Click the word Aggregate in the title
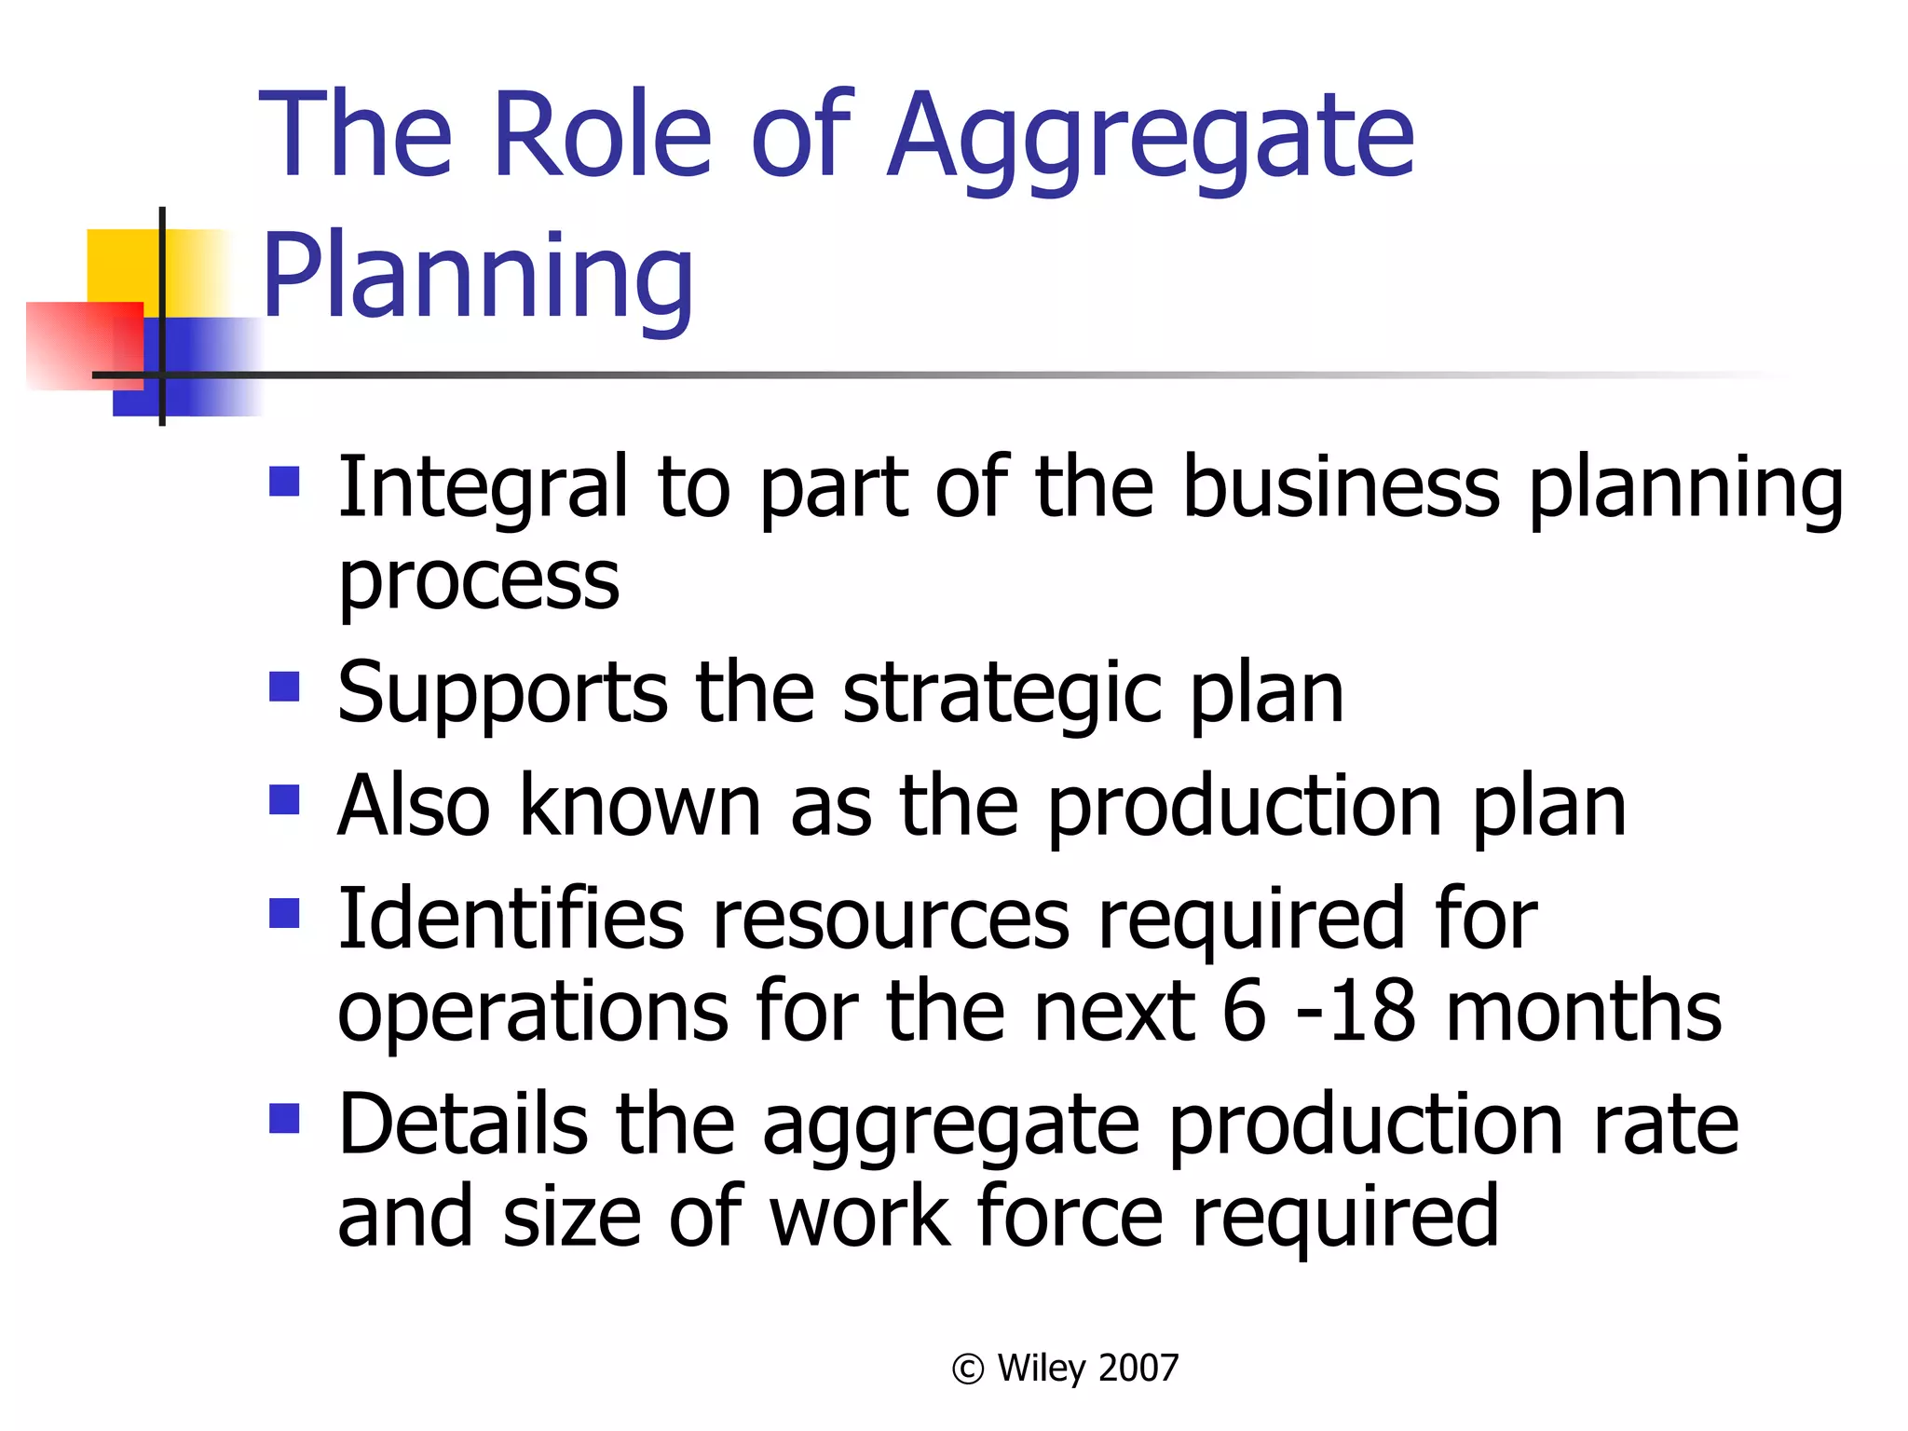(x=1150, y=138)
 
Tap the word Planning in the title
(x=478, y=278)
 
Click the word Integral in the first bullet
(x=483, y=488)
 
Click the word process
(x=478, y=581)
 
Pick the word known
(x=640, y=806)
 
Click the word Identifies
(x=511, y=920)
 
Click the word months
(x=1584, y=1012)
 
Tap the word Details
(x=462, y=1124)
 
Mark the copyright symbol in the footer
(x=968, y=1369)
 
